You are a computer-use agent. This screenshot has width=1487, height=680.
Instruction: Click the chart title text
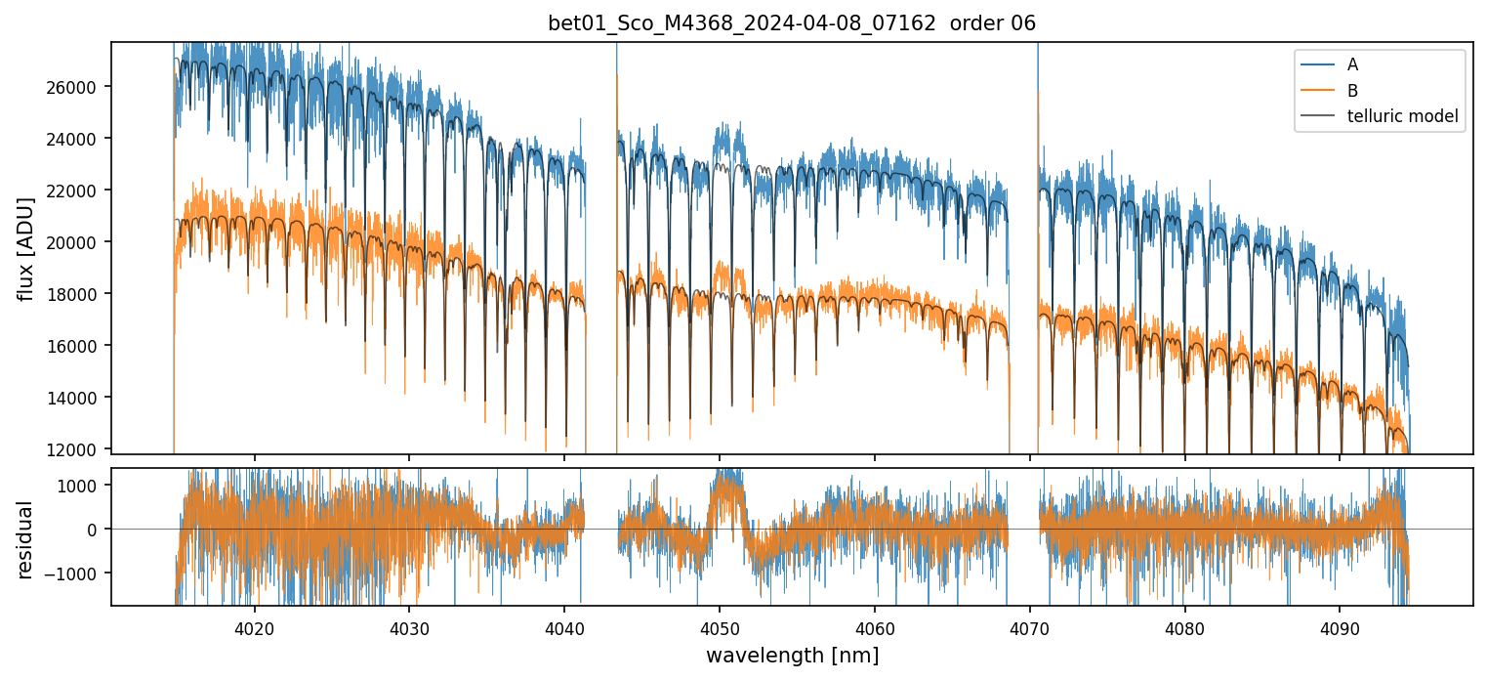coord(792,22)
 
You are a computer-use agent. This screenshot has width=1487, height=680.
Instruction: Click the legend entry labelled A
coord(1352,64)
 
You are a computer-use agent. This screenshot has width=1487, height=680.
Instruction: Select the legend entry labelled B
coord(1352,90)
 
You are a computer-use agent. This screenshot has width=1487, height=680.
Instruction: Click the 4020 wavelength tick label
coord(254,626)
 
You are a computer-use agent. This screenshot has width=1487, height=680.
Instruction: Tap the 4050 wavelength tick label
coord(719,626)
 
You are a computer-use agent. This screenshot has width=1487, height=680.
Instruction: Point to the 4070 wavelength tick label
coord(1029,626)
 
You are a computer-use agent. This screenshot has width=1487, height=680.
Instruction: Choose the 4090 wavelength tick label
coord(1339,626)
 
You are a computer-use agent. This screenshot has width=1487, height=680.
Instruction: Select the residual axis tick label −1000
coord(79,574)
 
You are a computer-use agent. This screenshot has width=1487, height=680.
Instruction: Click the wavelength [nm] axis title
coord(792,655)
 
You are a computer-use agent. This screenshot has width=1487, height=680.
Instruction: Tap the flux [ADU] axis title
coord(25,248)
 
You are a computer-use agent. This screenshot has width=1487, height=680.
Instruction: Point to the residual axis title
coord(25,539)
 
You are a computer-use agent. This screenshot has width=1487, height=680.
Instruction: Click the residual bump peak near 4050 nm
coord(724,479)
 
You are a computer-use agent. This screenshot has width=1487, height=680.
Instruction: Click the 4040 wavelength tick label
coord(564,626)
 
